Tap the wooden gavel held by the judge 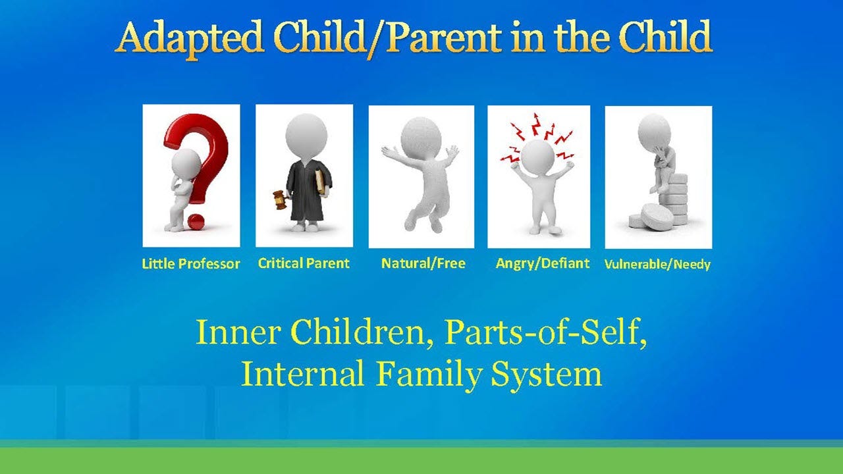[280, 198]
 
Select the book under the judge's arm [321, 180]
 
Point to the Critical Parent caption [304, 263]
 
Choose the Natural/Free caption [423, 263]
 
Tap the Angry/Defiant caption [542, 263]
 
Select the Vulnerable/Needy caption [657, 265]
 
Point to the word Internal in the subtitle [302, 374]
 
